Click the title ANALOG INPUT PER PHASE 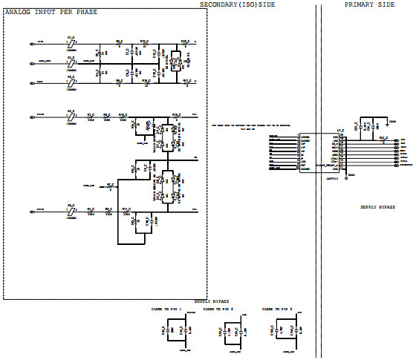(x=51, y=13)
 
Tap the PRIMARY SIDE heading (x=370, y=5)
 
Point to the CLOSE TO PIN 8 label (x=218, y=308)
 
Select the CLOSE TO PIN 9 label (x=276, y=308)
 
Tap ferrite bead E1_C (x=71, y=42)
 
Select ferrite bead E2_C (x=71, y=62)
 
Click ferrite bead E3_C (x=71, y=83)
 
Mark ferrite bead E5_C (x=71, y=212)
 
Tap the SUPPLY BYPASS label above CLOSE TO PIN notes (x=211, y=301)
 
